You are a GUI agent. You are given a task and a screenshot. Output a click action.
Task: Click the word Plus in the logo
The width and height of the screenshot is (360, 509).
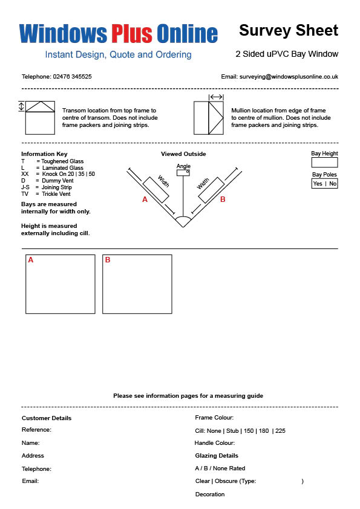132,34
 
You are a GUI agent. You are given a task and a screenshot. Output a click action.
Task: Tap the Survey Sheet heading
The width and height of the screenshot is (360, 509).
289,30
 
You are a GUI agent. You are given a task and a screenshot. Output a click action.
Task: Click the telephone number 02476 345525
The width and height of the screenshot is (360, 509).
72,77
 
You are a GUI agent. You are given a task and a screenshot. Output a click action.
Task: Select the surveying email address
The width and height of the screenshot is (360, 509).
289,77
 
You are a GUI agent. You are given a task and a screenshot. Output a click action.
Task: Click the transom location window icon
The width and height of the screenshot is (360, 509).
40,117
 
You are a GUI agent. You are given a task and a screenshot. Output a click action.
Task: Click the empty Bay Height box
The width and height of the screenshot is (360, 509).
324,162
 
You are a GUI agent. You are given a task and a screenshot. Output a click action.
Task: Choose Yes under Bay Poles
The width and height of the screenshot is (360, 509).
318,183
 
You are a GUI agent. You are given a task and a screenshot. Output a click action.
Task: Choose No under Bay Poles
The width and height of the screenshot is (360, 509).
333,183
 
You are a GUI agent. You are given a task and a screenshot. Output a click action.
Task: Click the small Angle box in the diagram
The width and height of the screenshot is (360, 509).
183,173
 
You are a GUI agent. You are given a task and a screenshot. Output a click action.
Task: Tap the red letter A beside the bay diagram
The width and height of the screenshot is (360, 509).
145,199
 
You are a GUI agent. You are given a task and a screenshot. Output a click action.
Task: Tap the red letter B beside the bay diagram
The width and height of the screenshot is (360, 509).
223,199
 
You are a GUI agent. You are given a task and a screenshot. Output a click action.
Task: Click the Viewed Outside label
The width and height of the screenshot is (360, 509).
183,154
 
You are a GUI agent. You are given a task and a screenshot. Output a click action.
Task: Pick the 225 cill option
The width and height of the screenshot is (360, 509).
280,431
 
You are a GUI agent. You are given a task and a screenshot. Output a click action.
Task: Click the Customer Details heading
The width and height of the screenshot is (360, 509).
47,418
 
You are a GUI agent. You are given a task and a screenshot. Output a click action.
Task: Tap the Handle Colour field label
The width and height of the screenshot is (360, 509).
214,443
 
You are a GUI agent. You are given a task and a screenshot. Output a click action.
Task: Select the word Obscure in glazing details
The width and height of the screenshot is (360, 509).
226,481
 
